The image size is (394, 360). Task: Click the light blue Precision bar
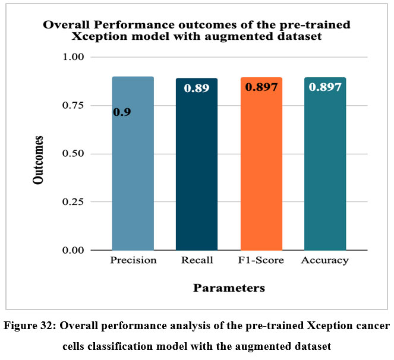click(133, 178)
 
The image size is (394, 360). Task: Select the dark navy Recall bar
click(197, 178)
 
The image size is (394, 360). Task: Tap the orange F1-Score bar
click(261, 178)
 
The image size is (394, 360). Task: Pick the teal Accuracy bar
click(325, 178)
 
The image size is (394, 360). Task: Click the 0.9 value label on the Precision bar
click(122, 111)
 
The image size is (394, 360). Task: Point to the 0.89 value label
click(196, 88)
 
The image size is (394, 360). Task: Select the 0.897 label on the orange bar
click(261, 87)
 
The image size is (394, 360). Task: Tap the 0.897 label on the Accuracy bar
click(325, 87)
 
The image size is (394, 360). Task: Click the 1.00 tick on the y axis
click(73, 57)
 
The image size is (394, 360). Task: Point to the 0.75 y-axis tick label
click(73, 105)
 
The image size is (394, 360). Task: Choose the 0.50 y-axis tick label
click(73, 154)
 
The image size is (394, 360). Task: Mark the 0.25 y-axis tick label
click(73, 202)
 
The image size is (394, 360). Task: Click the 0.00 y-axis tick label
click(73, 250)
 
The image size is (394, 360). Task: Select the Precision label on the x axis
click(133, 261)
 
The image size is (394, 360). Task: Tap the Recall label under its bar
click(197, 261)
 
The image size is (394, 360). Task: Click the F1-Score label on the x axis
click(261, 261)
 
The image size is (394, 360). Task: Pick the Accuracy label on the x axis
click(325, 261)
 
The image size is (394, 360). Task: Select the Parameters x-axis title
click(229, 289)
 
